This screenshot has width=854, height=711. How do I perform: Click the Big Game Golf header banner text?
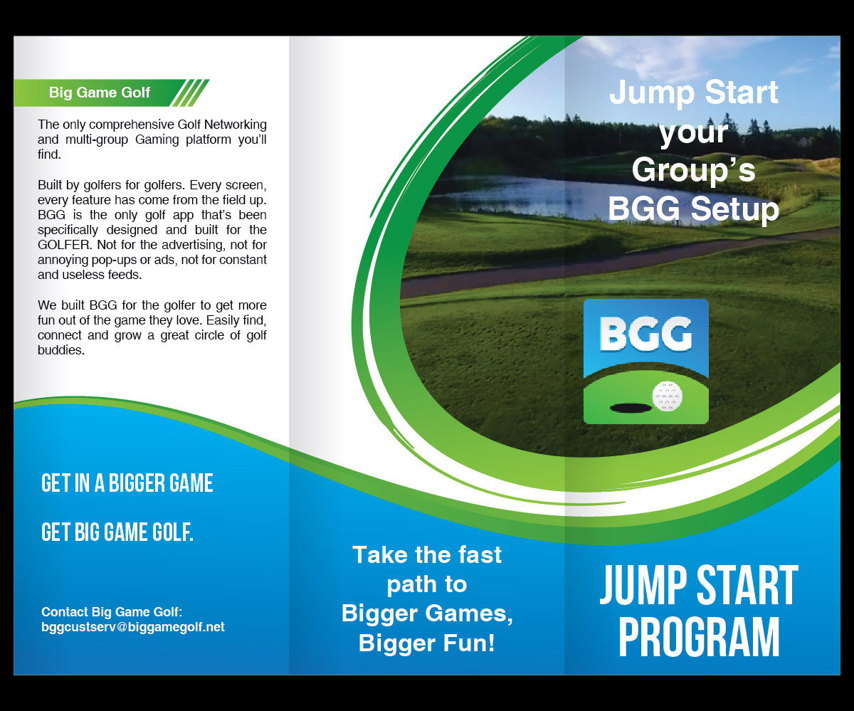pyautogui.click(x=100, y=93)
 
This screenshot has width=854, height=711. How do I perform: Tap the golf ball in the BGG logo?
pyautogui.click(x=667, y=396)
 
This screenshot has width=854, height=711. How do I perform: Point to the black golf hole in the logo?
pyautogui.click(x=631, y=408)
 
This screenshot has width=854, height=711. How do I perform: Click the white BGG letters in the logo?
pyautogui.click(x=645, y=334)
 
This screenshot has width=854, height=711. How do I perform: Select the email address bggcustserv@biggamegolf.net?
pyautogui.click(x=133, y=627)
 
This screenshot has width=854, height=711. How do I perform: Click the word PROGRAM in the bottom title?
pyautogui.click(x=699, y=637)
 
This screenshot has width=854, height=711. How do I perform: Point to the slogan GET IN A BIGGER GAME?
pyautogui.click(x=127, y=483)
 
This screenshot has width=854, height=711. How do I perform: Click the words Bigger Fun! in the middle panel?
pyautogui.click(x=427, y=643)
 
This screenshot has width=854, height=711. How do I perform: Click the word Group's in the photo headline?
pyautogui.click(x=694, y=171)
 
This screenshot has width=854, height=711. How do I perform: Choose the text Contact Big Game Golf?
pyautogui.click(x=112, y=612)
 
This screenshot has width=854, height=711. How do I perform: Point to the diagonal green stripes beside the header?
pyautogui.click(x=191, y=93)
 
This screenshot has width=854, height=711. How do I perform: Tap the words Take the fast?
pyautogui.click(x=427, y=554)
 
